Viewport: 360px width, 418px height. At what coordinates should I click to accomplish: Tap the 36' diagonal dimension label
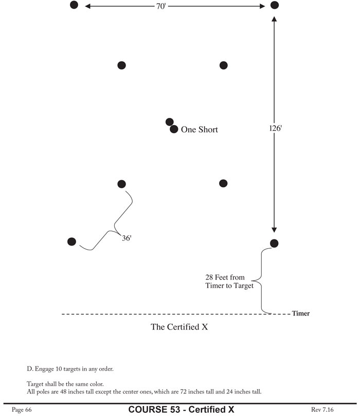(127, 238)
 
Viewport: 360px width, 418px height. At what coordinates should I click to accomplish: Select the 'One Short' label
(199, 130)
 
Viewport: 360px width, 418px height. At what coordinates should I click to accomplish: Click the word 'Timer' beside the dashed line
(300, 313)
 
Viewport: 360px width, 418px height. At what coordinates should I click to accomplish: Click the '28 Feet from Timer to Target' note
(229, 282)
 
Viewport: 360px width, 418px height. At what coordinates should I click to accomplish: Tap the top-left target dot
(74, 5)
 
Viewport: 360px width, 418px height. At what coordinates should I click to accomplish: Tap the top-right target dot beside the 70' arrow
(275, 5)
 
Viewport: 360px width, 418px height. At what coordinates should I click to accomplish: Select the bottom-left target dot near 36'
(72, 241)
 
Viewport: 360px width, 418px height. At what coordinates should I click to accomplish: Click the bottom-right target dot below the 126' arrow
(274, 243)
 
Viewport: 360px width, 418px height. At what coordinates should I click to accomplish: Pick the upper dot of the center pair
(169, 122)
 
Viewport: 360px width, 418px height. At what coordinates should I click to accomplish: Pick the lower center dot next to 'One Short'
(174, 129)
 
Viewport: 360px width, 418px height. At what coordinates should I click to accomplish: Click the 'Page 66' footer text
(21, 410)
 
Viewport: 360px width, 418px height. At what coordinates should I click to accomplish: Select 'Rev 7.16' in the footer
(323, 410)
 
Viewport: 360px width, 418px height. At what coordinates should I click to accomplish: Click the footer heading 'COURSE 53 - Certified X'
(181, 410)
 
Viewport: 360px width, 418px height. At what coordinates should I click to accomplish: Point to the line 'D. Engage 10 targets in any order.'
(70, 369)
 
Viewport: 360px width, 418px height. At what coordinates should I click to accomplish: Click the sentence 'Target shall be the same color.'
(65, 384)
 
